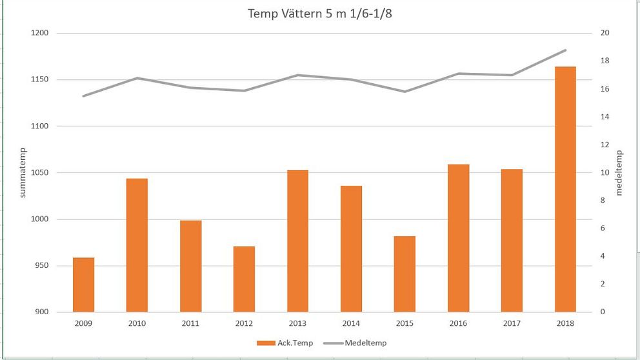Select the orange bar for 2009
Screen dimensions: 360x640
pos(83,285)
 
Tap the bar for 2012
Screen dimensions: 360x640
pos(244,279)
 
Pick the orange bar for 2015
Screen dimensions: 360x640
pos(405,274)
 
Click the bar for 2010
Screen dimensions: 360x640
pos(137,245)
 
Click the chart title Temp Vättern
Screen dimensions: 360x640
pos(320,14)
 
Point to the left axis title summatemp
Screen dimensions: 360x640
pos(23,172)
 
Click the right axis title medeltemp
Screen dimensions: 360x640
pos(619,172)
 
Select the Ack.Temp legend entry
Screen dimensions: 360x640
pos(285,343)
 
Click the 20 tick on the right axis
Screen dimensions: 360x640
pos(605,33)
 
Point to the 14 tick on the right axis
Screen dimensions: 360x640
pos(605,117)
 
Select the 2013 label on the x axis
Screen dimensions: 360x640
pos(297,323)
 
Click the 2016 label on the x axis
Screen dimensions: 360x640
pos(458,323)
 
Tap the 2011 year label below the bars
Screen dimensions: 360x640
pos(190,323)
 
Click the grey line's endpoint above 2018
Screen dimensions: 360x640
pos(565,50)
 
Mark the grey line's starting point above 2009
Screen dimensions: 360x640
pos(83,96)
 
